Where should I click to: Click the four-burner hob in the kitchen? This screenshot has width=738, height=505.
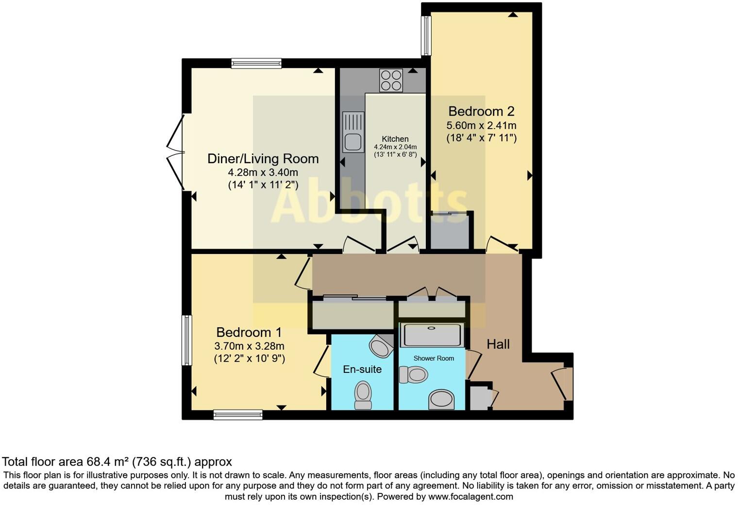pos(391,81)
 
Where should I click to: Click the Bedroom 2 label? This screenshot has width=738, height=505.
pos(481,111)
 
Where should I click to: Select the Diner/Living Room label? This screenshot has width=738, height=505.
pos(263,159)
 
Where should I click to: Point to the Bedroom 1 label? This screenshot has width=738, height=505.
pos(249,332)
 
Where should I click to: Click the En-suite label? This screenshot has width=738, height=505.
pos(362,369)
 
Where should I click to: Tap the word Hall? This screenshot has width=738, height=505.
pos(498,344)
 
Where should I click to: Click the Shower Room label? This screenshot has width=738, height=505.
pos(434,358)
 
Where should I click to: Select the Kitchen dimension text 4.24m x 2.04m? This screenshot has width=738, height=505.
pos(395,147)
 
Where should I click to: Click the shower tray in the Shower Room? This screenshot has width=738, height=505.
pos(432,335)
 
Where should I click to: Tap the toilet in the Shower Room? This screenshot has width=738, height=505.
pos(414,375)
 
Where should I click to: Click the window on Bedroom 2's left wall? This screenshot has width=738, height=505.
pos(426,35)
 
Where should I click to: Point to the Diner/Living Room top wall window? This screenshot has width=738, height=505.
pos(256,63)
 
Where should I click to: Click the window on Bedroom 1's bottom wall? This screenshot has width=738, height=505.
pos(238,415)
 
